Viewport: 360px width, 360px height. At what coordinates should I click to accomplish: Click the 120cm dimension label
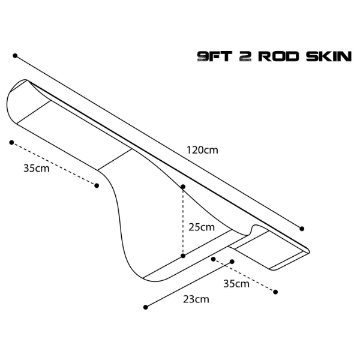coord(202,150)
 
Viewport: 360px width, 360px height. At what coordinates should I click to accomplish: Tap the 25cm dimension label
coord(202,227)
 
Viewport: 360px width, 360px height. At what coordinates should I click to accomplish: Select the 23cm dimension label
coord(196,299)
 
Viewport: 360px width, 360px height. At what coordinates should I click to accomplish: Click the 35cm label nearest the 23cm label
coord(236,284)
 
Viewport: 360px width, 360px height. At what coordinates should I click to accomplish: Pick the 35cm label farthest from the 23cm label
coord(36,168)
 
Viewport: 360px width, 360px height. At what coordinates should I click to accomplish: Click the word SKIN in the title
coord(329,56)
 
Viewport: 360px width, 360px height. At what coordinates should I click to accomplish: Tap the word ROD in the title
coord(279,56)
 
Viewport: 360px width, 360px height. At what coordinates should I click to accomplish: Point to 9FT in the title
coord(215,56)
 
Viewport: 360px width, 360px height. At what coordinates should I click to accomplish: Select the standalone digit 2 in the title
coord(245,56)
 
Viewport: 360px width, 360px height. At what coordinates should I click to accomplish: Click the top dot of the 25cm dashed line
coord(183,187)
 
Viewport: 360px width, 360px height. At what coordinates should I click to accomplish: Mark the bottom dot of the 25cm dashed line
coord(183,256)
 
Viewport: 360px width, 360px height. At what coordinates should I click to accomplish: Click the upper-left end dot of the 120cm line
coord(15,56)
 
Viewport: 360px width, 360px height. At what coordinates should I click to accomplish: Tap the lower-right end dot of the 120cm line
coord(302,229)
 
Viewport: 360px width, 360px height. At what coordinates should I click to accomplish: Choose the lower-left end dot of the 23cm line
coord(145,307)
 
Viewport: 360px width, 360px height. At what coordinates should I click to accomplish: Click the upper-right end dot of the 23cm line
coord(232,262)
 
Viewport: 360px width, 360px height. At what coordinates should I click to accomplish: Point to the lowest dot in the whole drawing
coord(145,307)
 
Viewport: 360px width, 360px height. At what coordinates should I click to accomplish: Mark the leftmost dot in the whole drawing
coord(11,143)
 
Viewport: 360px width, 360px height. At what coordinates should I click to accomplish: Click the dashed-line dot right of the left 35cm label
coord(97,185)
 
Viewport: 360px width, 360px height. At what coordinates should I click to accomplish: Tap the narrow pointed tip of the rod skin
coord(309,251)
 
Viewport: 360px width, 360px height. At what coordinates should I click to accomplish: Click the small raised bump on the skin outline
coord(256,227)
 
